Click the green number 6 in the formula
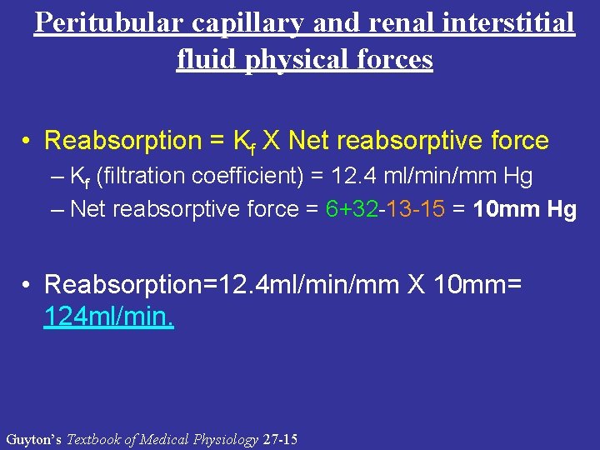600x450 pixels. pos(332,209)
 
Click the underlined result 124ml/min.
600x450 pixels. pos(108,317)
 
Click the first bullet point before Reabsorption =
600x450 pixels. pos(28,141)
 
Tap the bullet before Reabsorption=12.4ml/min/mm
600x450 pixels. pos(28,285)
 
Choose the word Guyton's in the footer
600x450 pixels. pos(33,439)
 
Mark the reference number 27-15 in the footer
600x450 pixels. pos(279,439)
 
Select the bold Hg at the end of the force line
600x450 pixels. pos(562,209)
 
